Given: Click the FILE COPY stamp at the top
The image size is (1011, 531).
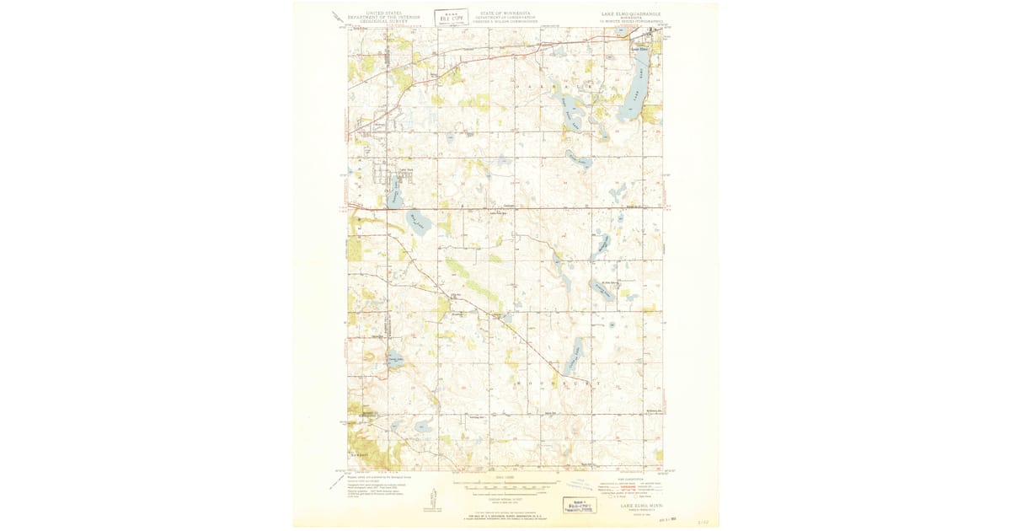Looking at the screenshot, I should click(451, 17).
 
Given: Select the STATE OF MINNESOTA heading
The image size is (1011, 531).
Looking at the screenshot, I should click(505, 13).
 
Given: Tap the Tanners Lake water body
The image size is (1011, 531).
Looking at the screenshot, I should click(393, 196).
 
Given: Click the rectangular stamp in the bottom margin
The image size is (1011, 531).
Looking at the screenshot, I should click(579, 505).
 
